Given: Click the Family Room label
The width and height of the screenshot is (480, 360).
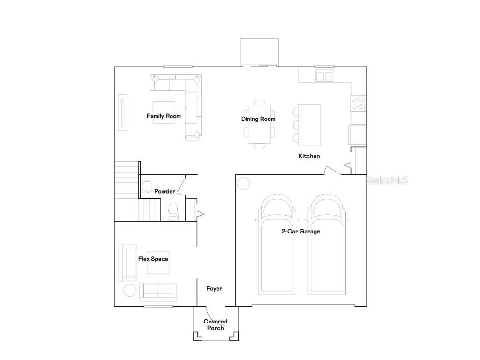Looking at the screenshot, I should pyautogui.click(x=164, y=116).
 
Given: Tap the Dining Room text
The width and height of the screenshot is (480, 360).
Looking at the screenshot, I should pyautogui.click(x=258, y=119).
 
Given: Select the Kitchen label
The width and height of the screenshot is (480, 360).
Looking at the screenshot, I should pyautogui.click(x=309, y=156).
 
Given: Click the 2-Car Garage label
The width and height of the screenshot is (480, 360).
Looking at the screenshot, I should pyautogui.click(x=300, y=231).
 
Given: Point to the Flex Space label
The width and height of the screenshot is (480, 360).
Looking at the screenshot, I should pyautogui.click(x=153, y=259).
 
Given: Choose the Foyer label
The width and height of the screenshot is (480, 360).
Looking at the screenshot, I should pyautogui.click(x=214, y=288).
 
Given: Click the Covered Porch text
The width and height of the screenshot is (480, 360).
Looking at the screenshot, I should pyautogui.click(x=215, y=324).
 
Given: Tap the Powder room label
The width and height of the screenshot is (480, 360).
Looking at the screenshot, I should pyautogui.click(x=165, y=191).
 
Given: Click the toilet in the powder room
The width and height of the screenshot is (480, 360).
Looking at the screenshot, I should pyautogui.click(x=172, y=211).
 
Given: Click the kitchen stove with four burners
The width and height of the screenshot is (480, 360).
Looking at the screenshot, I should pyautogui.click(x=358, y=102).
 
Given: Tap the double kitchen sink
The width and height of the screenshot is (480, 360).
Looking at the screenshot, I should pyautogui.click(x=323, y=76).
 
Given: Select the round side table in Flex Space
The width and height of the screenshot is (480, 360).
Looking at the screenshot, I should pyautogui.click(x=130, y=290).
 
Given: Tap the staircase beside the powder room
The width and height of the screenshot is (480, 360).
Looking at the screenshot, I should pyautogui.click(x=127, y=190).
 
